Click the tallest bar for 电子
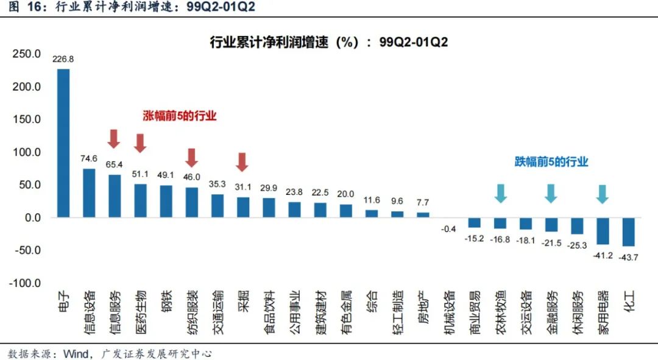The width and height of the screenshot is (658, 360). click(63, 143)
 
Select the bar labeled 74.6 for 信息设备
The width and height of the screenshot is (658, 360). click(89, 192)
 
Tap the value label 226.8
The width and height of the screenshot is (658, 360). click(63, 60)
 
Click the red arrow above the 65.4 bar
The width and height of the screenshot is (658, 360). click(114, 138)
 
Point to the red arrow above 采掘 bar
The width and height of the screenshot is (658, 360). click(242, 161)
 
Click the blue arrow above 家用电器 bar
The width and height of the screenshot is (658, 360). click(602, 193)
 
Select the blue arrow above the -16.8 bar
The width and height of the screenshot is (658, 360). click(500, 193)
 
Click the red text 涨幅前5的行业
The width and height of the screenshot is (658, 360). click(180, 116)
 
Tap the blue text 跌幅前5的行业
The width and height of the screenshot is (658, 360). click(551, 161)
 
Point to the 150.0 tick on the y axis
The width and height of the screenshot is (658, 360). click(27, 119)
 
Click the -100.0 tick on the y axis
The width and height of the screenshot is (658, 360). click(25, 283)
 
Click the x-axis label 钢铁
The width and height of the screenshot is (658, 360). click(166, 302)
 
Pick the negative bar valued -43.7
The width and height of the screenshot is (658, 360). click(629, 231)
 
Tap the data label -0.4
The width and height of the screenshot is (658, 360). click(448, 229)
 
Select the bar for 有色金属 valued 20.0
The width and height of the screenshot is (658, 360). click(346, 211)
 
